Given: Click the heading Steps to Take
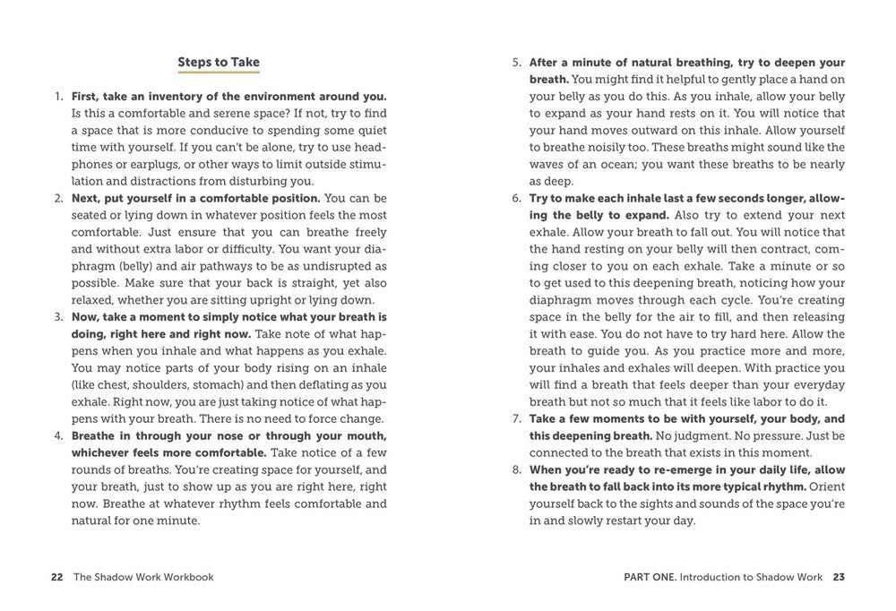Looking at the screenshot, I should point(219,63).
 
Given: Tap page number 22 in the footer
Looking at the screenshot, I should point(56,577).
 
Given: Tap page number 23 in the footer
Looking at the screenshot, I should point(839,577).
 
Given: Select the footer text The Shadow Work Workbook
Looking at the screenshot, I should point(143,577).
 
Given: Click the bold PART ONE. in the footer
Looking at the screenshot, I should point(649,577).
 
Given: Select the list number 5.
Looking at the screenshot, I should point(516,63).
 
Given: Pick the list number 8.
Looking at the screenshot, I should point(516,469).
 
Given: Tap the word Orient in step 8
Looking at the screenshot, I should point(828,486).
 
